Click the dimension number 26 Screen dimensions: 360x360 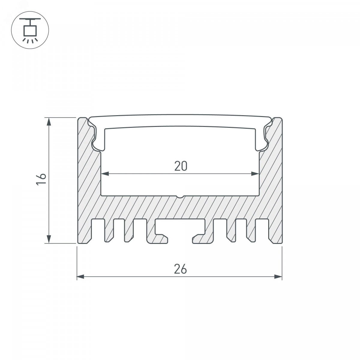coord(181,269)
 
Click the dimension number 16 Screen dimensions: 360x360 coord(41,179)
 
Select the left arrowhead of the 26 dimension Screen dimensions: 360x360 coord(81,277)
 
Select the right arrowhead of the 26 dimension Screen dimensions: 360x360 coord(278,277)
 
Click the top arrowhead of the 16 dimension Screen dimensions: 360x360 coord(49,121)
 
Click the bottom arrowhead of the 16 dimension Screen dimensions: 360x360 coord(49,239)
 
